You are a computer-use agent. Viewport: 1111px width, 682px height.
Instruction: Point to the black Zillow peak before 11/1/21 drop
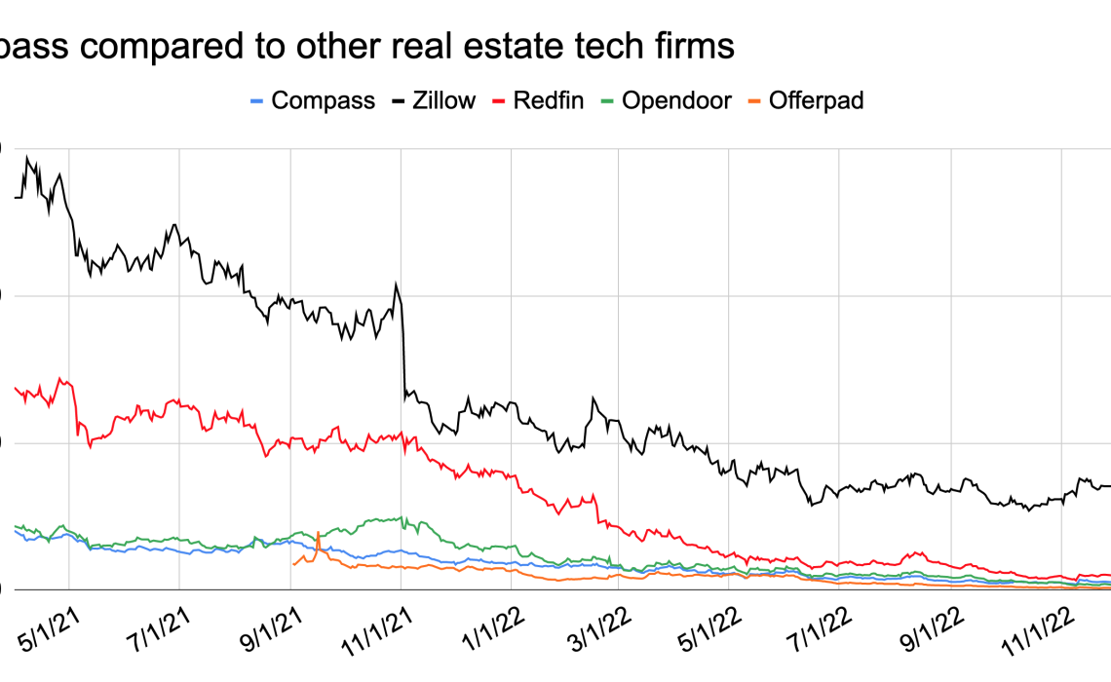tap(396, 284)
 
